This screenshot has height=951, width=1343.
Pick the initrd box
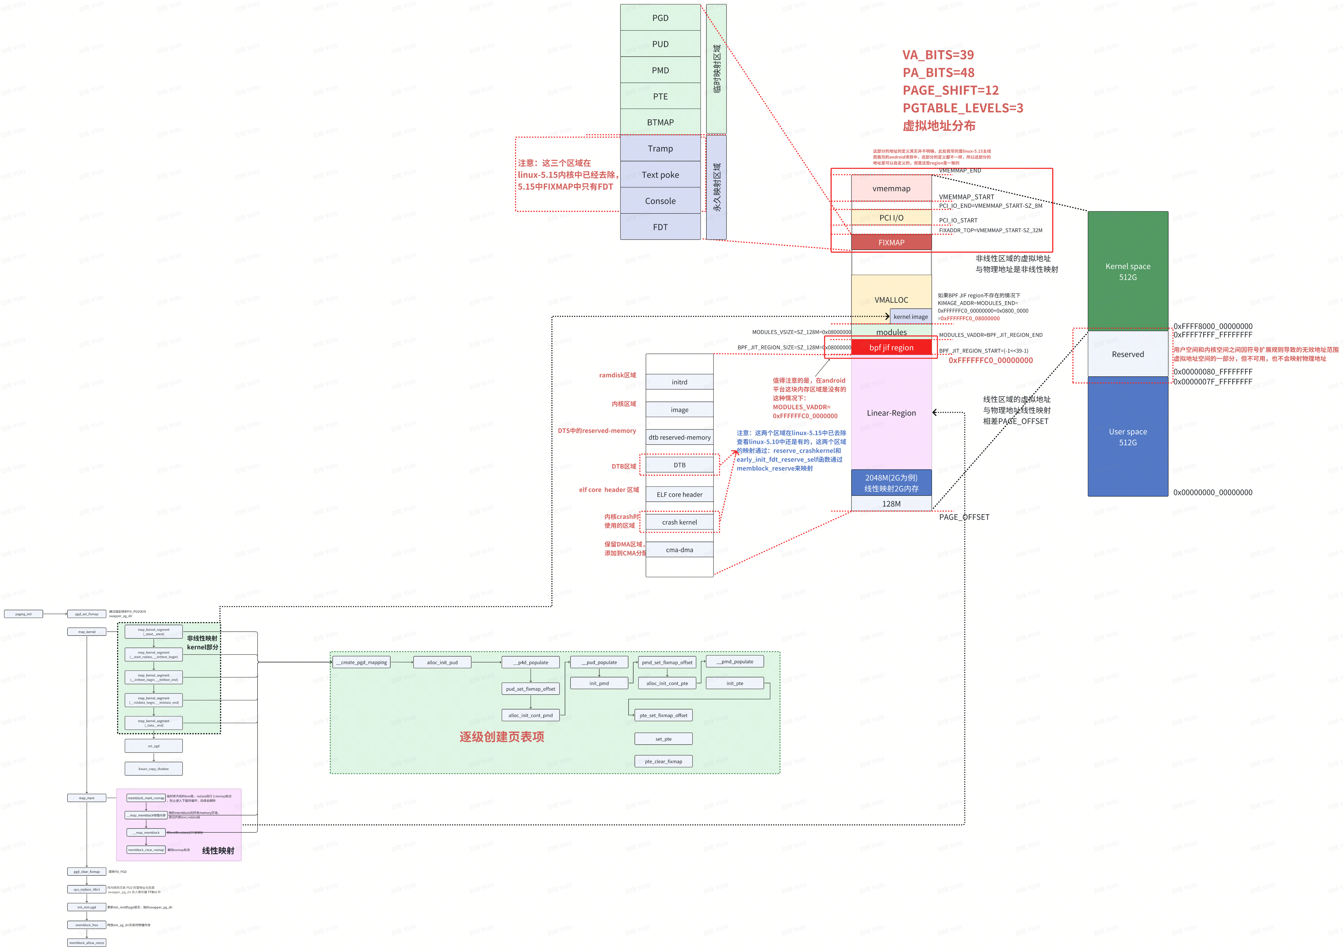[x=679, y=382]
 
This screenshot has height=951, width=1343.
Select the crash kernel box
[x=679, y=522]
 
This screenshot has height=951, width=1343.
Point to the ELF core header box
[x=679, y=494]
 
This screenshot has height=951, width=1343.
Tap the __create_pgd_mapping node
[x=361, y=662]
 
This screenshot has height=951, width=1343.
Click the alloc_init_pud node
[x=442, y=662]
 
